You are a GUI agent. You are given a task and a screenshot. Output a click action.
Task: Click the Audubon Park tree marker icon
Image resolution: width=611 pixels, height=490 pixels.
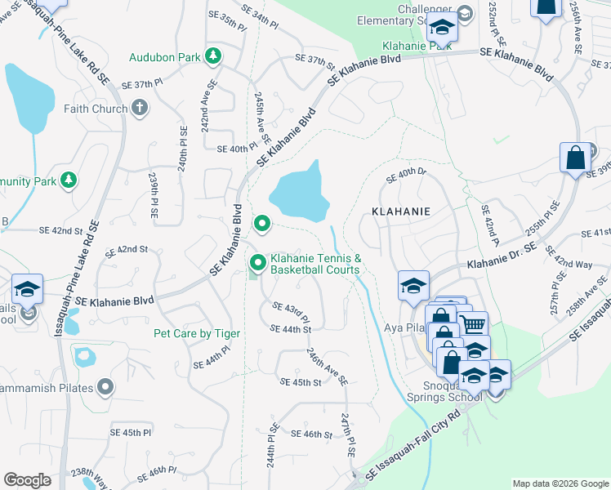click(x=213, y=56)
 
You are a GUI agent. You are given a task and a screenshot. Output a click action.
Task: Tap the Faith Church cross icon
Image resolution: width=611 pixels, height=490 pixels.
click(x=140, y=108)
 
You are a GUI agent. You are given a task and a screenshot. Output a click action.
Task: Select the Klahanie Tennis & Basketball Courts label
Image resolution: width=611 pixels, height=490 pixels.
click(x=315, y=263)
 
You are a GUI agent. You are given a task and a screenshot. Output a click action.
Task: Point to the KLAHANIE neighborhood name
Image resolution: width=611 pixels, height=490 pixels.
click(x=400, y=211)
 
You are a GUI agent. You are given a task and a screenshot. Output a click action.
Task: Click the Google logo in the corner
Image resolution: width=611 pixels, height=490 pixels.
click(x=27, y=480)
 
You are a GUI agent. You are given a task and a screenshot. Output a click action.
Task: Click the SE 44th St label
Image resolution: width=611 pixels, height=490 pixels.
click(x=291, y=329)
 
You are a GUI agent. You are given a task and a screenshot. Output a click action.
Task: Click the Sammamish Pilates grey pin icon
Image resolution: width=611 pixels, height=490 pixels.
click(x=105, y=386)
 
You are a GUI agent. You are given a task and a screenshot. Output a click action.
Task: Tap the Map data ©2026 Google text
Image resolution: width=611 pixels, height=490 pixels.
click(x=560, y=483)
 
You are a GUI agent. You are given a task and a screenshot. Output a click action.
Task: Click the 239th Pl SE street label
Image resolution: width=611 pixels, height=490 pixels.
click(x=153, y=198)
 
